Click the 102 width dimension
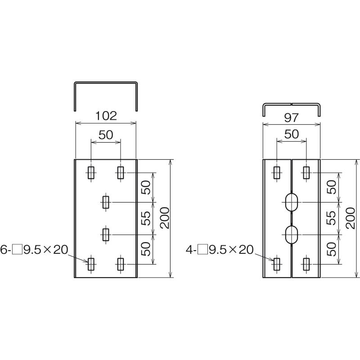click(x=106, y=116)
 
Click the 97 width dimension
click(x=292, y=118)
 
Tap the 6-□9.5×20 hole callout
click(x=34, y=250)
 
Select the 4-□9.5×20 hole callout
click(x=220, y=250)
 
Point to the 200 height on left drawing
click(x=165, y=218)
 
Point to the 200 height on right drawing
click(x=351, y=218)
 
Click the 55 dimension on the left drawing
click(x=145, y=218)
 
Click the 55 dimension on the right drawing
click(x=331, y=218)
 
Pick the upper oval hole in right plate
click(x=292, y=202)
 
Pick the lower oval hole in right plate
click(x=292, y=234)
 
